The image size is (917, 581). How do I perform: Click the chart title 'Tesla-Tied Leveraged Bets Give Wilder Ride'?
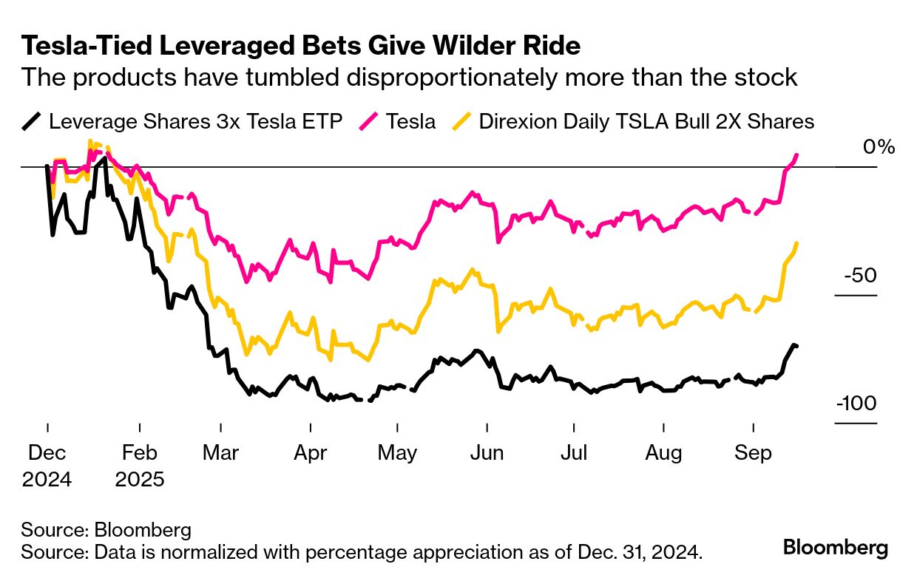300,46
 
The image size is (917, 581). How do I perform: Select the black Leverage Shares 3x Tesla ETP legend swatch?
31,121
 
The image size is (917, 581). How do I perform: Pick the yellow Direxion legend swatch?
462,121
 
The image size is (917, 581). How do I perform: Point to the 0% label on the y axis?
879,146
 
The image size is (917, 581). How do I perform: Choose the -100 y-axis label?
857,404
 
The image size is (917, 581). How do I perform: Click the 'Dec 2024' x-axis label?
47,466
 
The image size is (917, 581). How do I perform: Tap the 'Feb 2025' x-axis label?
139,466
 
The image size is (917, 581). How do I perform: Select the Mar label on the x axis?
220,453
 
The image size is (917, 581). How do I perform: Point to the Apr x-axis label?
311,453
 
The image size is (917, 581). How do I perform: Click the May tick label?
398,453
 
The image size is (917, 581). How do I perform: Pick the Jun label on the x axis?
487,453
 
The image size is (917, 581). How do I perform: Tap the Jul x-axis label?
573,453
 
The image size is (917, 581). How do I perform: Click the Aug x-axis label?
663,453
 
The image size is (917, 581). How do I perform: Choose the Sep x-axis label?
752,453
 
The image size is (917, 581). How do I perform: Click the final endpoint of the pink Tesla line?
796,154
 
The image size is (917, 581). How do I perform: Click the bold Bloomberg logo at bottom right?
836,548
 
